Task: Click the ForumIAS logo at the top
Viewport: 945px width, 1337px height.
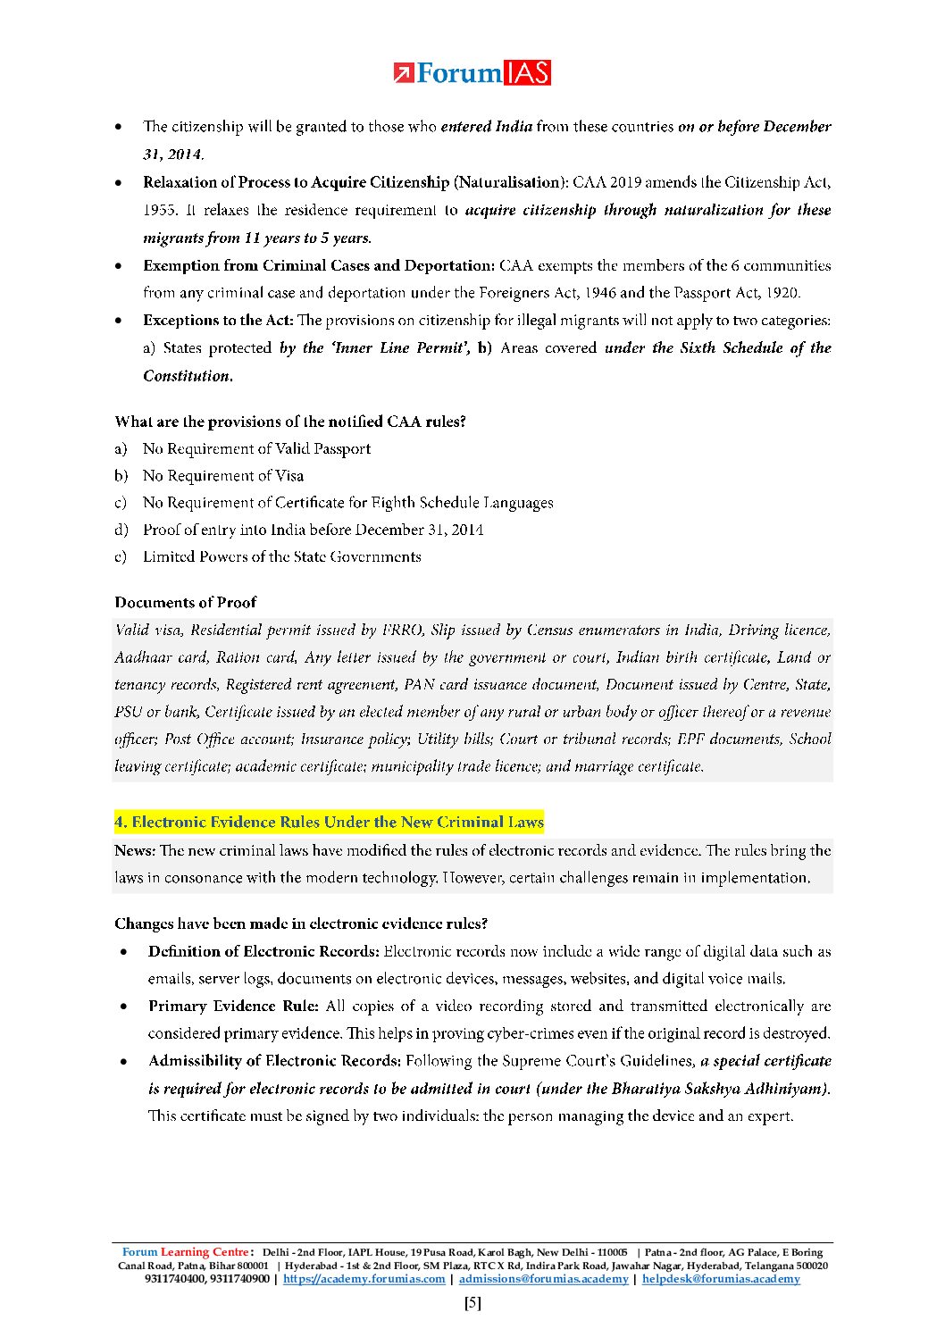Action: (x=472, y=73)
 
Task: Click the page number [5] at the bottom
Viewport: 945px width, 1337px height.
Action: (x=472, y=1303)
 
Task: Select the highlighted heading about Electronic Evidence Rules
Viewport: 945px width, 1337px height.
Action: (x=329, y=822)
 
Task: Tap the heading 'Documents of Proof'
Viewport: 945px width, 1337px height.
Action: (x=185, y=602)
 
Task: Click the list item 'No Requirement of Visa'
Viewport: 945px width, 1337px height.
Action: (x=223, y=476)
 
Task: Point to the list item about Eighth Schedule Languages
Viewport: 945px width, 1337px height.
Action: (x=347, y=503)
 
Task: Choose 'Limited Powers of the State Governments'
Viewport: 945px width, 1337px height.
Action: (x=281, y=556)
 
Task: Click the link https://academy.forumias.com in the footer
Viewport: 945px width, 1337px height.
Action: (x=364, y=1279)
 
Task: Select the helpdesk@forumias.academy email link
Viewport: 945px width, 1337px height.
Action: (x=721, y=1279)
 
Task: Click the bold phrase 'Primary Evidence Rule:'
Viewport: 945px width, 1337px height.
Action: (x=233, y=1006)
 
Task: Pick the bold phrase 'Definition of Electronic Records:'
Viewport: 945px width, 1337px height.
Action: (x=263, y=951)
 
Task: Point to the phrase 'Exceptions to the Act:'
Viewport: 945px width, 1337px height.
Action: (x=218, y=320)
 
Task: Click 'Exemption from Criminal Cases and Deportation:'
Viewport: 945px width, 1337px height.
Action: (x=318, y=265)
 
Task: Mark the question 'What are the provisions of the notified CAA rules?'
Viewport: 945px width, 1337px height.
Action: (x=289, y=422)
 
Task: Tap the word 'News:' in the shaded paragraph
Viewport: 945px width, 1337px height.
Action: (x=135, y=850)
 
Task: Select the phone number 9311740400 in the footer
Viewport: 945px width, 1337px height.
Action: (x=174, y=1279)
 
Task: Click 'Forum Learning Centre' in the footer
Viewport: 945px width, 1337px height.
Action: (x=187, y=1252)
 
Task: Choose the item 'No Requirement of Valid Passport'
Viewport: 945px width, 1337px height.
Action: (x=256, y=448)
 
